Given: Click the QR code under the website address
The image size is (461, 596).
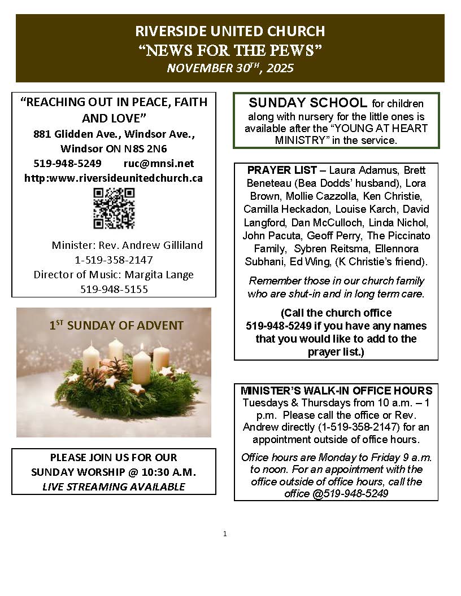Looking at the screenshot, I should (x=114, y=209).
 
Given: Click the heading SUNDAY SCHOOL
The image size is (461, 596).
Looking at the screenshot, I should (x=308, y=103).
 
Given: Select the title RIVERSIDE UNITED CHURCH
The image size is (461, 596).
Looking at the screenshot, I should (x=230, y=31).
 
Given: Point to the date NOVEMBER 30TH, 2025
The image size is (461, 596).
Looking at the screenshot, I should (x=230, y=68).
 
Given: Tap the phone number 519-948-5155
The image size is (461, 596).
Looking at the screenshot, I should (x=114, y=289).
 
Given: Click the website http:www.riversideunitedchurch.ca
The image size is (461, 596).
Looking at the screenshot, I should (x=114, y=178).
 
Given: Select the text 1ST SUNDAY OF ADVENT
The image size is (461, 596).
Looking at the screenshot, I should (x=116, y=326).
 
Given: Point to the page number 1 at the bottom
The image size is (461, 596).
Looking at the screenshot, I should (x=225, y=533).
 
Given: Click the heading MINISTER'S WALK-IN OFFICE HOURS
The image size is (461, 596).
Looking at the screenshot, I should (x=336, y=391).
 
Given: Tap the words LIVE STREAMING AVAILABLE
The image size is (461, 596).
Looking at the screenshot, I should (x=114, y=487).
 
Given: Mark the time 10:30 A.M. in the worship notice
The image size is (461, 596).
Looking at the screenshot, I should (x=169, y=472).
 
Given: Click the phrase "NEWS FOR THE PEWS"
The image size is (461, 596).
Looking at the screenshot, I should (x=230, y=50).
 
